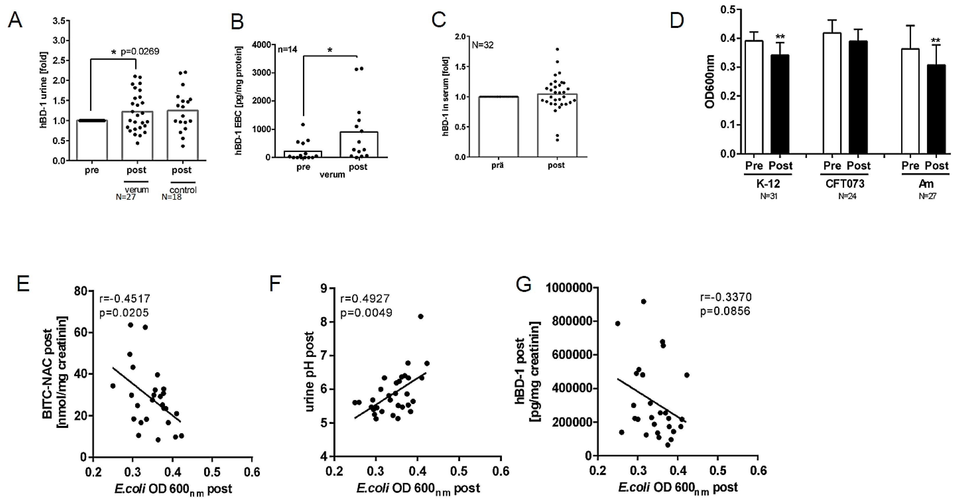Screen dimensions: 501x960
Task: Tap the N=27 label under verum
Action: [126, 197]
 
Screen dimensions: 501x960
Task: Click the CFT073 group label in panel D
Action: [845, 184]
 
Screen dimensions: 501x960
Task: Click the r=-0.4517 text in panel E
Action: [125, 299]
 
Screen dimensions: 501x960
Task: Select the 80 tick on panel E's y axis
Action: [81, 291]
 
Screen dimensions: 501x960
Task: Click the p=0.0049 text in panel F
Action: [366, 312]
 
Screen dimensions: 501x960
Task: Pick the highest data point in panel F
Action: [420, 316]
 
